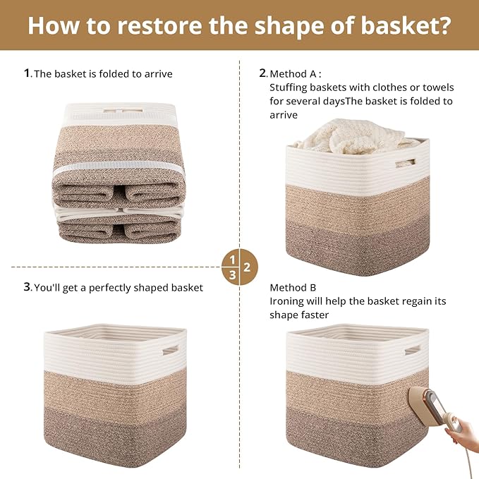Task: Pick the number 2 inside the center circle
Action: (x=247, y=267)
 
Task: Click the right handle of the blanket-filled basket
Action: (x=406, y=163)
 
